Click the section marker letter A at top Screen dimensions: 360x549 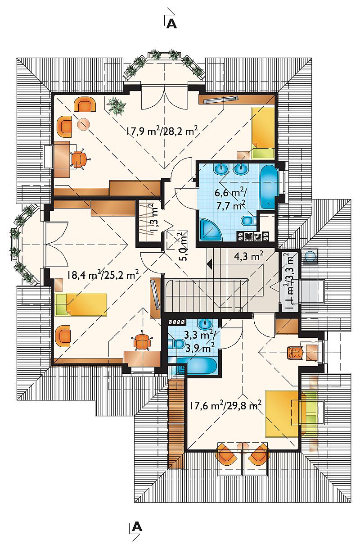pyautogui.click(x=171, y=24)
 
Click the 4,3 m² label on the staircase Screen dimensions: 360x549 pyautogui.click(x=248, y=256)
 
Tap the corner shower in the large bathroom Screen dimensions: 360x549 pyautogui.click(x=210, y=230)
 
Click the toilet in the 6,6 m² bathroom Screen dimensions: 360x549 pyautogui.click(x=248, y=221)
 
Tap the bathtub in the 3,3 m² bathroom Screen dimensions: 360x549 pyautogui.click(x=197, y=366)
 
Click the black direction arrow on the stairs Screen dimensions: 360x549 pyautogui.click(x=209, y=264)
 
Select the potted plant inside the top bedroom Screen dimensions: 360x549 pyautogui.click(x=117, y=105)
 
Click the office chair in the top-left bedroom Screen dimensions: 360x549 pyautogui.click(x=79, y=159)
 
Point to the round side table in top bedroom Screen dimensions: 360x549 pyautogui.click(x=84, y=124)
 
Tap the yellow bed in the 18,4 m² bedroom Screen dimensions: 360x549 pyautogui.click(x=81, y=304)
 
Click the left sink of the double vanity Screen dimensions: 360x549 pyautogui.click(x=222, y=169)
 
